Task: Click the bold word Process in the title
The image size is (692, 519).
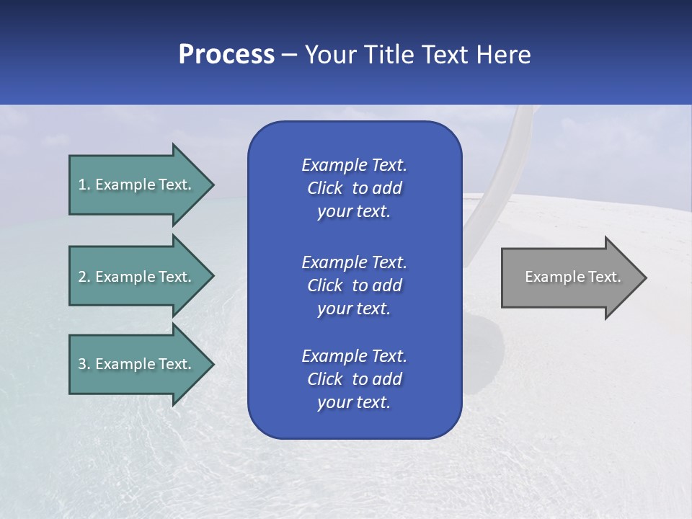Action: pyautogui.click(x=226, y=55)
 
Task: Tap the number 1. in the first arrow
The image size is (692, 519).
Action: pyautogui.click(x=84, y=185)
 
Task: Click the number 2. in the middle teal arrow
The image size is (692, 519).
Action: pyautogui.click(x=84, y=277)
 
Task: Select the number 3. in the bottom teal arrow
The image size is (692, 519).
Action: pyautogui.click(x=84, y=364)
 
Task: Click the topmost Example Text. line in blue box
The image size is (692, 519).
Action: pyautogui.click(x=354, y=165)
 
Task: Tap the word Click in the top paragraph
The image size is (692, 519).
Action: pyautogui.click(x=324, y=188)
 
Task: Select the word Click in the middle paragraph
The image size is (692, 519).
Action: pyautogui.click(x=324, y=285)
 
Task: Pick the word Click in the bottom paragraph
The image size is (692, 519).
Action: pyautogui.click(x=324, y=379)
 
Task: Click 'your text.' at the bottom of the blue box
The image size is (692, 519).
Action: pyautogui.click(x=354, y=402)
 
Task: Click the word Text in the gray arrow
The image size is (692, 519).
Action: pyautogui.click(x=605, y=277)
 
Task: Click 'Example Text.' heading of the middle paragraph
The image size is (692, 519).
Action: pyautogui.click(x=354, y=262)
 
